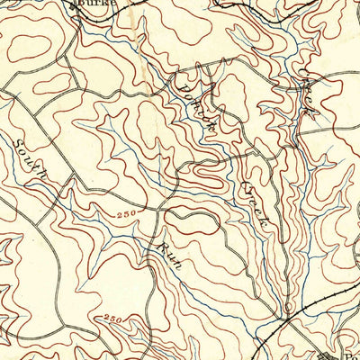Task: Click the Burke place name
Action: pyautogui.click(x=91, y=4)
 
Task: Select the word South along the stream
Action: pyautogui.click(x=30, y=159)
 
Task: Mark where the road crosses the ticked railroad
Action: pyautogui.click(x=284, y=317)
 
